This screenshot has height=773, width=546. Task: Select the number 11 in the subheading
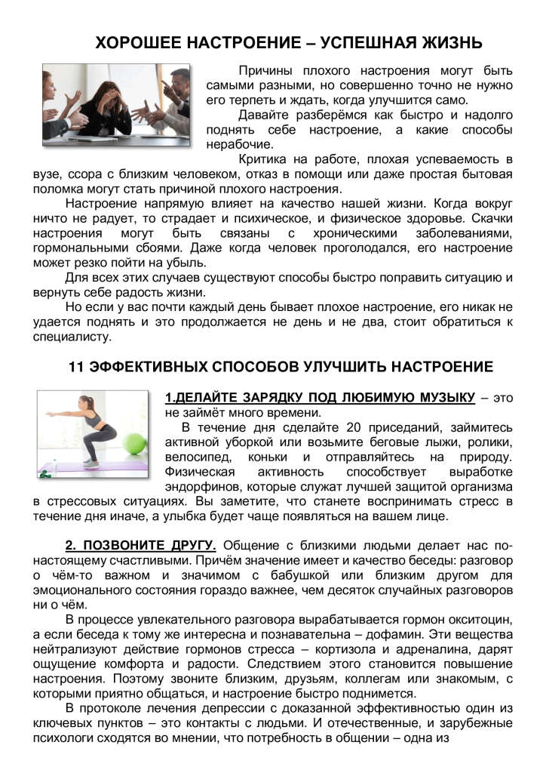click(76, 368)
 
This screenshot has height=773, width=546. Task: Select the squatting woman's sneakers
click(90, 459)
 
